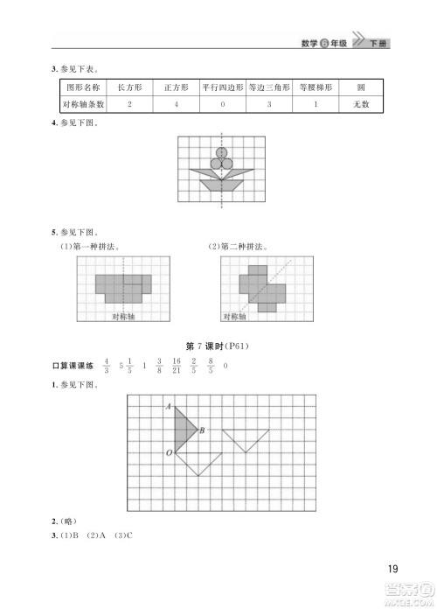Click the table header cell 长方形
(x=128, y=87)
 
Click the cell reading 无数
(x=361, y=104)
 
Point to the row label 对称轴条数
(x=81, y=104)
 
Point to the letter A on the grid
(x=167, y=406)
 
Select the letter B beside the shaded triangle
(x=202, y=430)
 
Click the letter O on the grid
(x=168, y=452)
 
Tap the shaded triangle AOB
(x=183, y=430)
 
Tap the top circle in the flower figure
(x=221, y=152)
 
